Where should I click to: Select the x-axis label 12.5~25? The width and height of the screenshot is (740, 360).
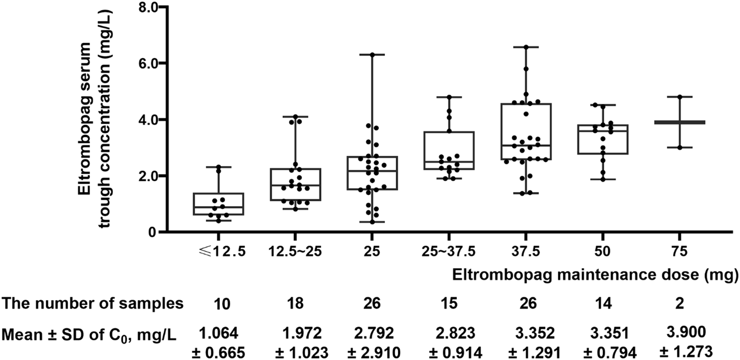[295, 252]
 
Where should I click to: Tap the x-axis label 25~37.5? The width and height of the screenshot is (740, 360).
[449, 252]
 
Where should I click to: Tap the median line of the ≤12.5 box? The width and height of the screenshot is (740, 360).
[218, 207]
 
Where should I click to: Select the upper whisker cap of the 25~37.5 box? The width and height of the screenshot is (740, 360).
[449, 97]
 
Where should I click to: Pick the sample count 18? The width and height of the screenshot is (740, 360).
[295, 304]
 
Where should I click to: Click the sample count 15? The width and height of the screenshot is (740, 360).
[449, 304]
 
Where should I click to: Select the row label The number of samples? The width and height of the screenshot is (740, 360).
[92, 304]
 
